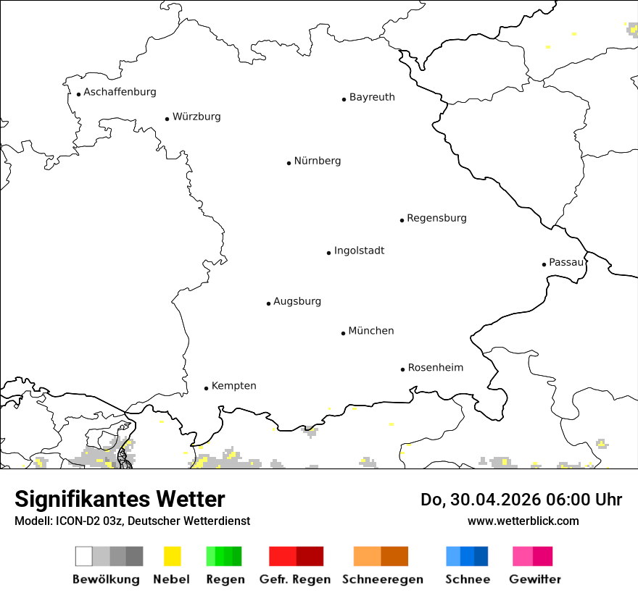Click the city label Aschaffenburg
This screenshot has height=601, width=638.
[120, 92]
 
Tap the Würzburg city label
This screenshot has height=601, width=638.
[196, 117]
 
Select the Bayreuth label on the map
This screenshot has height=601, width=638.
[372, 97]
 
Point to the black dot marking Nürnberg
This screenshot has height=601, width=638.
[289, 163]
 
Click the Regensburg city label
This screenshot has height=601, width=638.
[436, 218]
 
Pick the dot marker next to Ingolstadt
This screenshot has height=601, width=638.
[328, 253]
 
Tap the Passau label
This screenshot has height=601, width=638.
[566, 262]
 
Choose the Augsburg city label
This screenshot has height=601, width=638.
[297, 301]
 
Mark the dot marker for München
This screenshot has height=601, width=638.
[343, 333]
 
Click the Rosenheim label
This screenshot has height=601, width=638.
[436, 368]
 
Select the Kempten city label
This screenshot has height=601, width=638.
[233, 386]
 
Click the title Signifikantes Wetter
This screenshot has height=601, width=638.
[120, 500]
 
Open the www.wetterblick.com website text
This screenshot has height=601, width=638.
[523, 521]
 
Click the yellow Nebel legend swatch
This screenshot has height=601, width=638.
[173, 556]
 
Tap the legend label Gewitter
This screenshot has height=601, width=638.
[535, 579]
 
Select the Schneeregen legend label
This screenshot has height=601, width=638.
[383, 579]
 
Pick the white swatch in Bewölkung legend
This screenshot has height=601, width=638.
[83, 556]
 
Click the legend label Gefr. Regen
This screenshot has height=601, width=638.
[295, 579]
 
